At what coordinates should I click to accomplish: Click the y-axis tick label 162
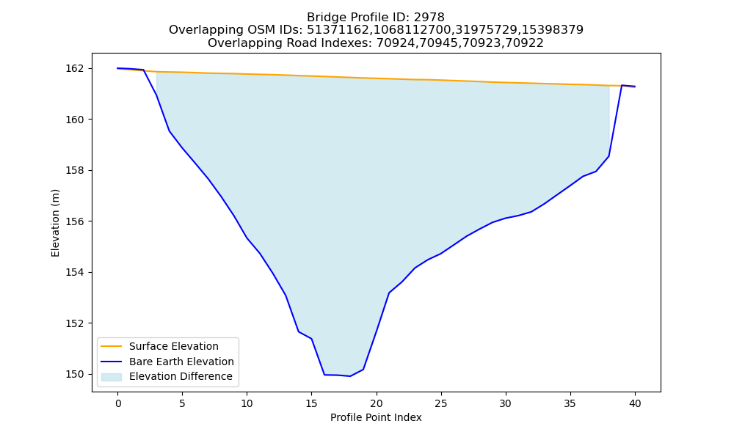point(76,69)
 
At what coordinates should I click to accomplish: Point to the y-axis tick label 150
point(76,375)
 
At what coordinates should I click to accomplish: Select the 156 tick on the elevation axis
point(76,221)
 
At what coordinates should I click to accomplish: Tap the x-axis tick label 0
point(118,403)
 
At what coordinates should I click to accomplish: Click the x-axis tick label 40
point(635,403)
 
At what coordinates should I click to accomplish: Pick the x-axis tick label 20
point(377,403)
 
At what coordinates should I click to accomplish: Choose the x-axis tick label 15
point(312,403)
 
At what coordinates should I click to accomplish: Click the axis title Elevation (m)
point(55,223)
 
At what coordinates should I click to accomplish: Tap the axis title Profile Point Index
point(376,417)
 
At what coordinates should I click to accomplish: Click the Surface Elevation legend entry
point(174,346)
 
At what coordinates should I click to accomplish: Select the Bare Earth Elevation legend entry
point(181,362)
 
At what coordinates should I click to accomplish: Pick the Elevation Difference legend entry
point(181,376)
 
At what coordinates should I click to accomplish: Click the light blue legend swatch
point(112,377)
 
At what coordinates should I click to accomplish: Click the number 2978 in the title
point(429,18)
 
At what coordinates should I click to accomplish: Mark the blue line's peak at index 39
point(622,85)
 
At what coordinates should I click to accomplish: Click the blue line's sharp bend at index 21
point(389,293)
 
